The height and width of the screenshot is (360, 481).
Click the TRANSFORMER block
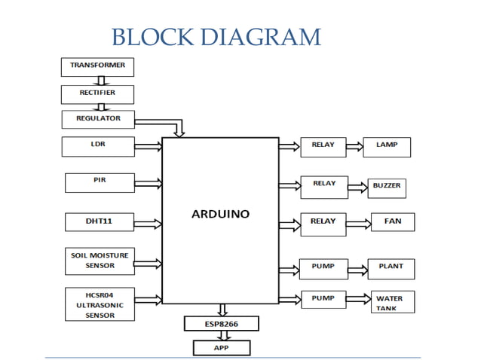[x=98, y=66]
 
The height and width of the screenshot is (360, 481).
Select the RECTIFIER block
[x=98, y=93]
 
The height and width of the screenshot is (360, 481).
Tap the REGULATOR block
[x=98, y=119]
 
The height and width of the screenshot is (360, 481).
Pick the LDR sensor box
[x=98, y=145]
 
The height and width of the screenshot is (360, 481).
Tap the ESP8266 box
[x=222, y=324]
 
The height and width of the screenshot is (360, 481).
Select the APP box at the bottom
[x=222, y=348]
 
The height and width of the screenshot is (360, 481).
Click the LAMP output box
[x=387, y=146]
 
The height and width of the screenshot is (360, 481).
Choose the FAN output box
[x=392, y=222]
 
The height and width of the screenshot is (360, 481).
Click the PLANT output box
[x=391, y=267]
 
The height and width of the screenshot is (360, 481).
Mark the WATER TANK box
[x=391, y=304]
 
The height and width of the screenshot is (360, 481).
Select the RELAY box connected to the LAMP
[x=323, y=146]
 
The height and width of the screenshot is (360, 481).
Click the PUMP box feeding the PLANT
[x=323, y=267]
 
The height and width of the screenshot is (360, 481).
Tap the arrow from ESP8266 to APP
[x=222, y=336]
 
